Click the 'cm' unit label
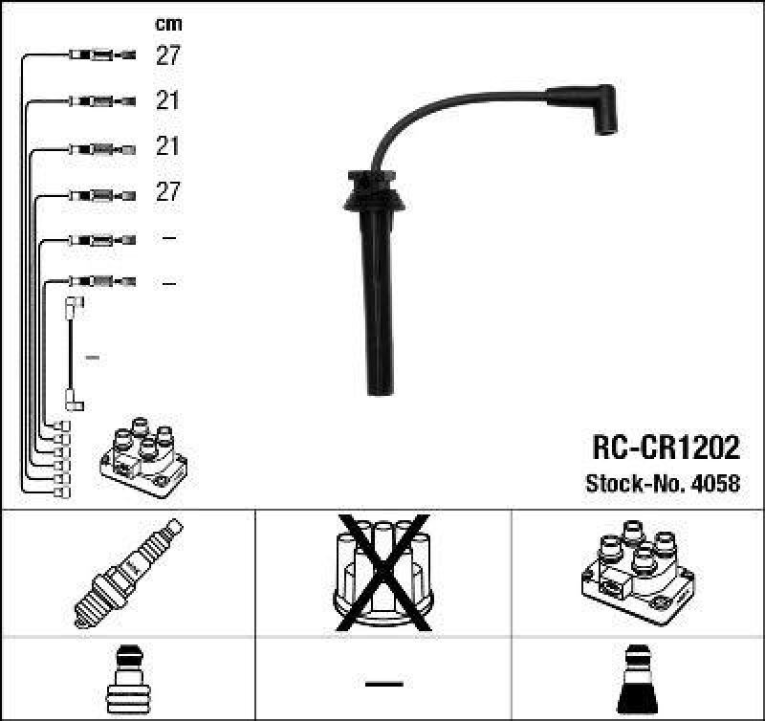(168, 24)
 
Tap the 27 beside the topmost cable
(168, 55)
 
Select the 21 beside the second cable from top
(168, 100)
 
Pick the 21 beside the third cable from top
(168, 146)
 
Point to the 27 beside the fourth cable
(168, 191)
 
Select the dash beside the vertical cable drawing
(93, 358)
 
